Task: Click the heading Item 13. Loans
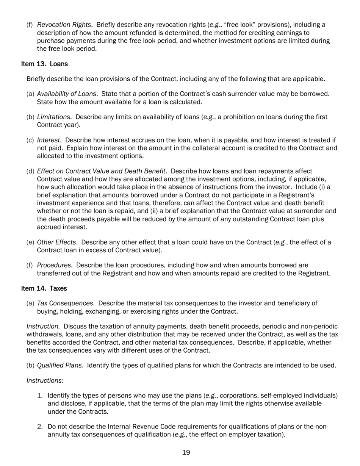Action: pos(44,64)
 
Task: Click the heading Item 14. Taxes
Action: pos(44,288)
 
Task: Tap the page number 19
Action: pos(186,452)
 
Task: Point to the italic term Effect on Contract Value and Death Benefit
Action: pos(101,171)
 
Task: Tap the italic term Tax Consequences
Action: pos(65,303)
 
